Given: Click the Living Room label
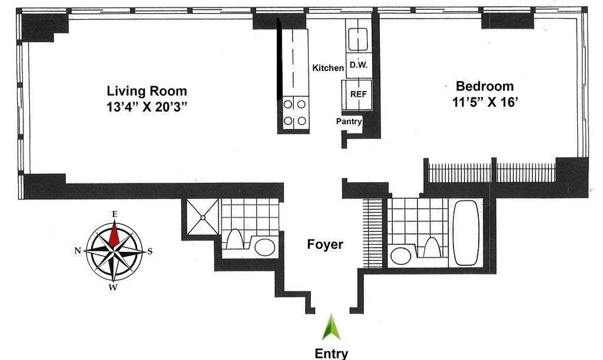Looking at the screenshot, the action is pos(147,91).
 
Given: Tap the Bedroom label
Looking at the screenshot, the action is pos(484,86).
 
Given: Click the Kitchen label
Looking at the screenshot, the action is pos(328,68).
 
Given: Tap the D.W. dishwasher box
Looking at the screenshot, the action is pos(358,65).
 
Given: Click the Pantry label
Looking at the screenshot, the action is pos(349,122).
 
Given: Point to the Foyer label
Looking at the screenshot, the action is pos(325,244).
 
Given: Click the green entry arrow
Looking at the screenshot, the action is pos(331,327).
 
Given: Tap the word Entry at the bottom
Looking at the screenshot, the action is pos(331,353).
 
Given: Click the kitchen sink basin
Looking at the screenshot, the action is pos(358,39).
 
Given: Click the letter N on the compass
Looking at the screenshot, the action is pos(77,251).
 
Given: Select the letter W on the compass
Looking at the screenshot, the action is pos(113,287).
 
